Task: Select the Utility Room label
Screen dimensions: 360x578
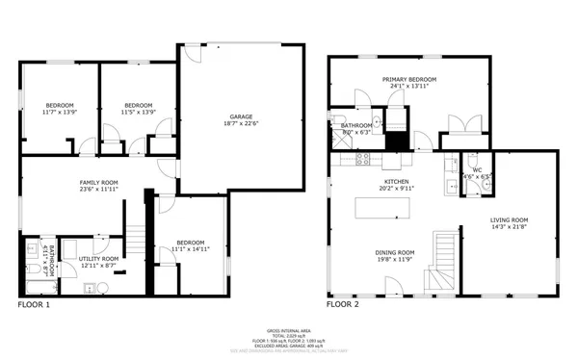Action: [x=98, y=258]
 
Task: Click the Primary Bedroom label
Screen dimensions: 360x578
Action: [x=409, y=79]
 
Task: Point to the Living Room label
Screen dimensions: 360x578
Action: [x=510, y=219]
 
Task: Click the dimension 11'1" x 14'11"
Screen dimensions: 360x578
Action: [x=190, y=249]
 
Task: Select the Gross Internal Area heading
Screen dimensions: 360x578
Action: [x=289, y=329]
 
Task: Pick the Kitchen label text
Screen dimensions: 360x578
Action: [x=395, y=181]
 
